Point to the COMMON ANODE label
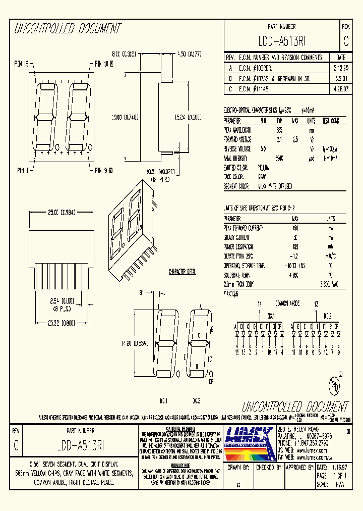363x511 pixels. pyautogui.click(x=287, y=303)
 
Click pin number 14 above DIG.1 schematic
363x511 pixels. pyautogui.click(x=260, y=304)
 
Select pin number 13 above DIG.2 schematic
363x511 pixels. pyautogui.click(x=316, y=304)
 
